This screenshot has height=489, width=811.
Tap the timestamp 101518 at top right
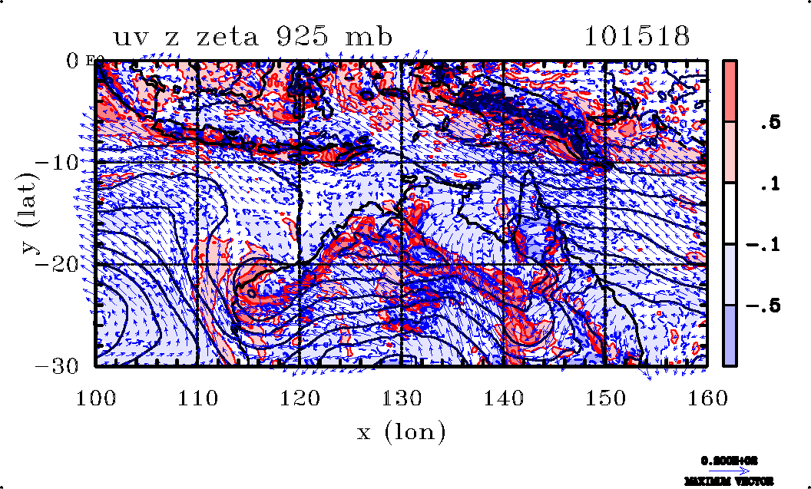coord(637,37)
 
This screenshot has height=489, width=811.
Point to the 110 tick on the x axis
coord(197,398)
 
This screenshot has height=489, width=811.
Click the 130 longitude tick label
coord(402,398)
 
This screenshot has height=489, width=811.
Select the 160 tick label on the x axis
coord(707,398)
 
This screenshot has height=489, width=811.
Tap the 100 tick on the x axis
coord(96,398)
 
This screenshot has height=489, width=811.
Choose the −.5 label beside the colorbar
coord(765,306)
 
